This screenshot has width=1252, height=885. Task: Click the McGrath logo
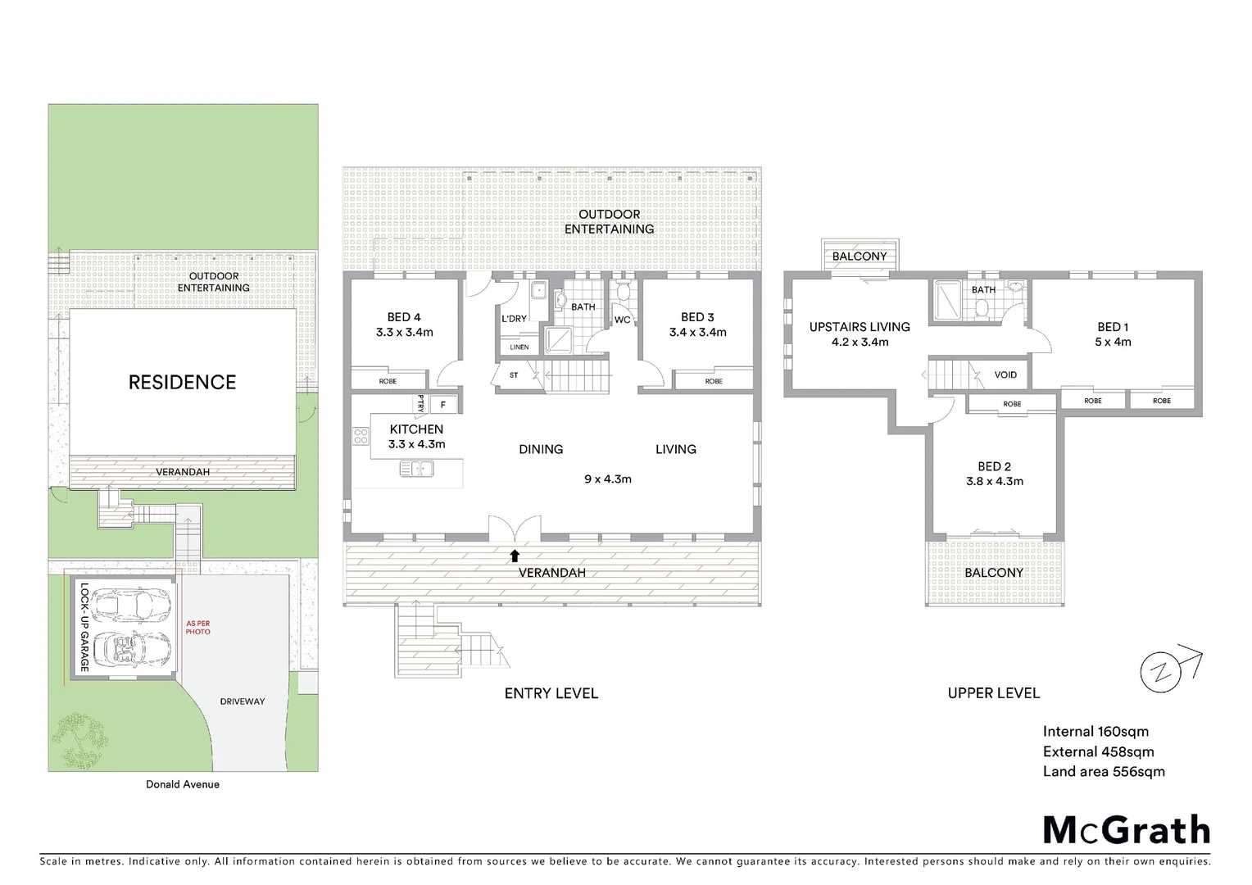1127,830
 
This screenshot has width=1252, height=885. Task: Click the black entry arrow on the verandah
515,556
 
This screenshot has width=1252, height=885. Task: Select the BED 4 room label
404,317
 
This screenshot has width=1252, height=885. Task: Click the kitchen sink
417,469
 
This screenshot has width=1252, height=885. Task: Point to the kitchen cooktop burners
361,437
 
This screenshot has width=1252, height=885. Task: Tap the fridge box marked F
443,404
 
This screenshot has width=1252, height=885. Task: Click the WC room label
622,320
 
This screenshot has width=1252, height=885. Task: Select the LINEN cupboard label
519,347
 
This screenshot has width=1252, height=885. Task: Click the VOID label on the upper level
1005,374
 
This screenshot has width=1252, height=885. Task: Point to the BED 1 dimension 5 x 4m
1113,342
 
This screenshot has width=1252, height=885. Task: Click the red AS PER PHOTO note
198,628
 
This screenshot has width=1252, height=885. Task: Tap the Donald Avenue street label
183,784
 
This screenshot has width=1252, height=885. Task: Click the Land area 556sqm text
1103,771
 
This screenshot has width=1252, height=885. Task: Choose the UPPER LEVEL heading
993,693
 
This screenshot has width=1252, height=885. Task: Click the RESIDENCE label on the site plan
182,382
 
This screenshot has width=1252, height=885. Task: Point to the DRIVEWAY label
243,701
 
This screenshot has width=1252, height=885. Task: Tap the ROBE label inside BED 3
714,381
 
